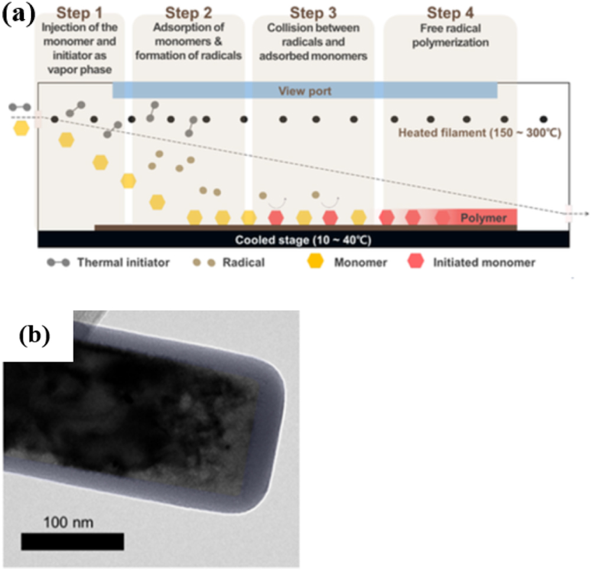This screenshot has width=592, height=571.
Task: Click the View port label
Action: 305,91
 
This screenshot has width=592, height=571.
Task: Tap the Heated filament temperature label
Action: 479,133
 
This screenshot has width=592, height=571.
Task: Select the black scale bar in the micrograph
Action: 73,541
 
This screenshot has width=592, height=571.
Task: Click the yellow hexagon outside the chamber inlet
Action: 21,128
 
